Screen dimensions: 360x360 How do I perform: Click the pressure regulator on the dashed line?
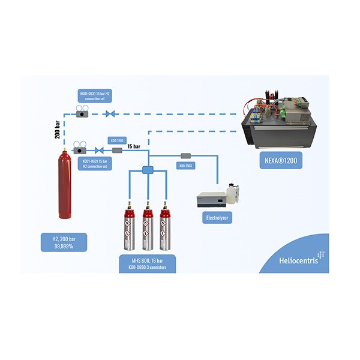(x=79, y=111)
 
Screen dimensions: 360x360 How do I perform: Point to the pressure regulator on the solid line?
(x=79, y=148)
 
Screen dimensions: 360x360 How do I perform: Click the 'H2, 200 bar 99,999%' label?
(x=64, y=242)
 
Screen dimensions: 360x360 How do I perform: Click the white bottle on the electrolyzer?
(x=233, y=192)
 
